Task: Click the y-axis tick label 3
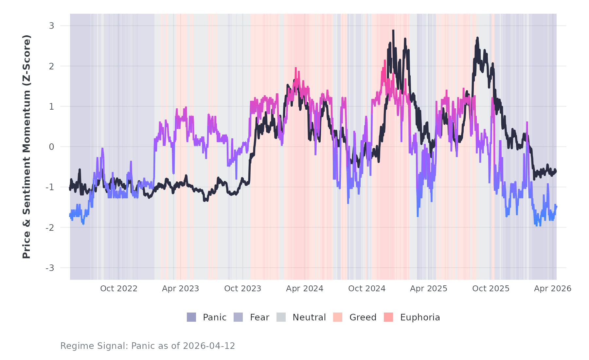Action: (x=51, y=26)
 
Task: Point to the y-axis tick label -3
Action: (x=50, y=268)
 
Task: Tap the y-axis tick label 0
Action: (x=51, y=147)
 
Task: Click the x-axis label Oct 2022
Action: (x=119, y=289)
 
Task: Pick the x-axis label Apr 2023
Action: (x=181, y=289)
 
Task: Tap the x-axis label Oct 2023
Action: (x=243, y=289)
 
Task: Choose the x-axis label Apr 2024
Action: (x=305, y=289)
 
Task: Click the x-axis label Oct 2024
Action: (x=367, y=289)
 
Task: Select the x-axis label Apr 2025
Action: (x=429, y=289)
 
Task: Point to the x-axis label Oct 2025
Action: (x=491, y=289)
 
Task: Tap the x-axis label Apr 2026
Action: (x=553, y=289)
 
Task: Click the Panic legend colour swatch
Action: (x=191, y=317)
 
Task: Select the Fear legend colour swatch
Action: (x=238, y=317)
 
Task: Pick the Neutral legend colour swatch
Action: (x=281, y=317)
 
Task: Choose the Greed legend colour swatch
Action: (x=338, y=317)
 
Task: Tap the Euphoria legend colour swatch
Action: (x=388, y=317)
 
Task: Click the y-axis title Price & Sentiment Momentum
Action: (x=27, y=147)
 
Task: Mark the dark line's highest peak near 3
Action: (x=393, y=31)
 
